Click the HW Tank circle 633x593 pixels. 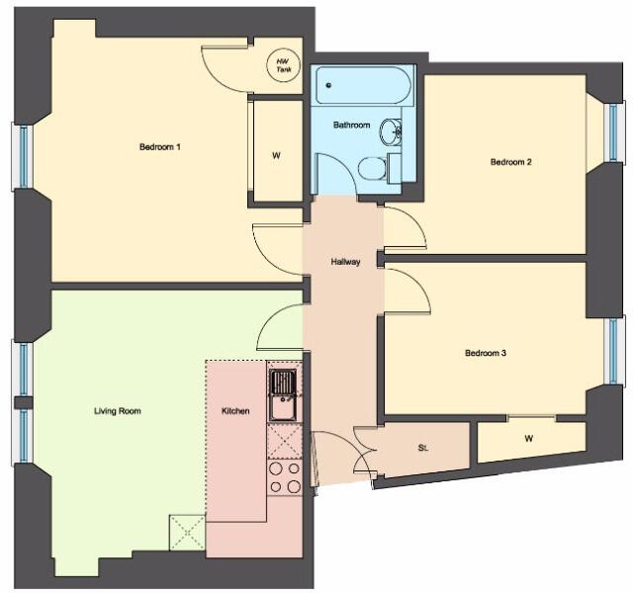tap(284, 65)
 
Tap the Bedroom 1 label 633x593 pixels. tap(160, 147)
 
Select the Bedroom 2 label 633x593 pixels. tap(510, 162)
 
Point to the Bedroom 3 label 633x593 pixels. tap(486, 353)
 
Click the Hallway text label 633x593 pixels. tap(345, 262)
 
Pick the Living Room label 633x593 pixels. tap(118, 411)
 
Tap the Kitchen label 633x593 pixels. tap(235, 411)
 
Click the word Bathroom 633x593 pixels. tap(352, 126)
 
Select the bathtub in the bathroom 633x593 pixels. tap(363, 85)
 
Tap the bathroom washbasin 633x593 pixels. tap(391, 131)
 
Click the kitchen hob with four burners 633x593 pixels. tap(285, 477)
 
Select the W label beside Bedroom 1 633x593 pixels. tap(277, 156)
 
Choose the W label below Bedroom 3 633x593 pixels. tap(529, 439)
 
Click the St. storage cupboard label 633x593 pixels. tap(422, 448)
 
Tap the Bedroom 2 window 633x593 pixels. tap(613, 131)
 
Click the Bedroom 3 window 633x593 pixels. tap(613, 351)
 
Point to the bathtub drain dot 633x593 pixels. tap(328, 85)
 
